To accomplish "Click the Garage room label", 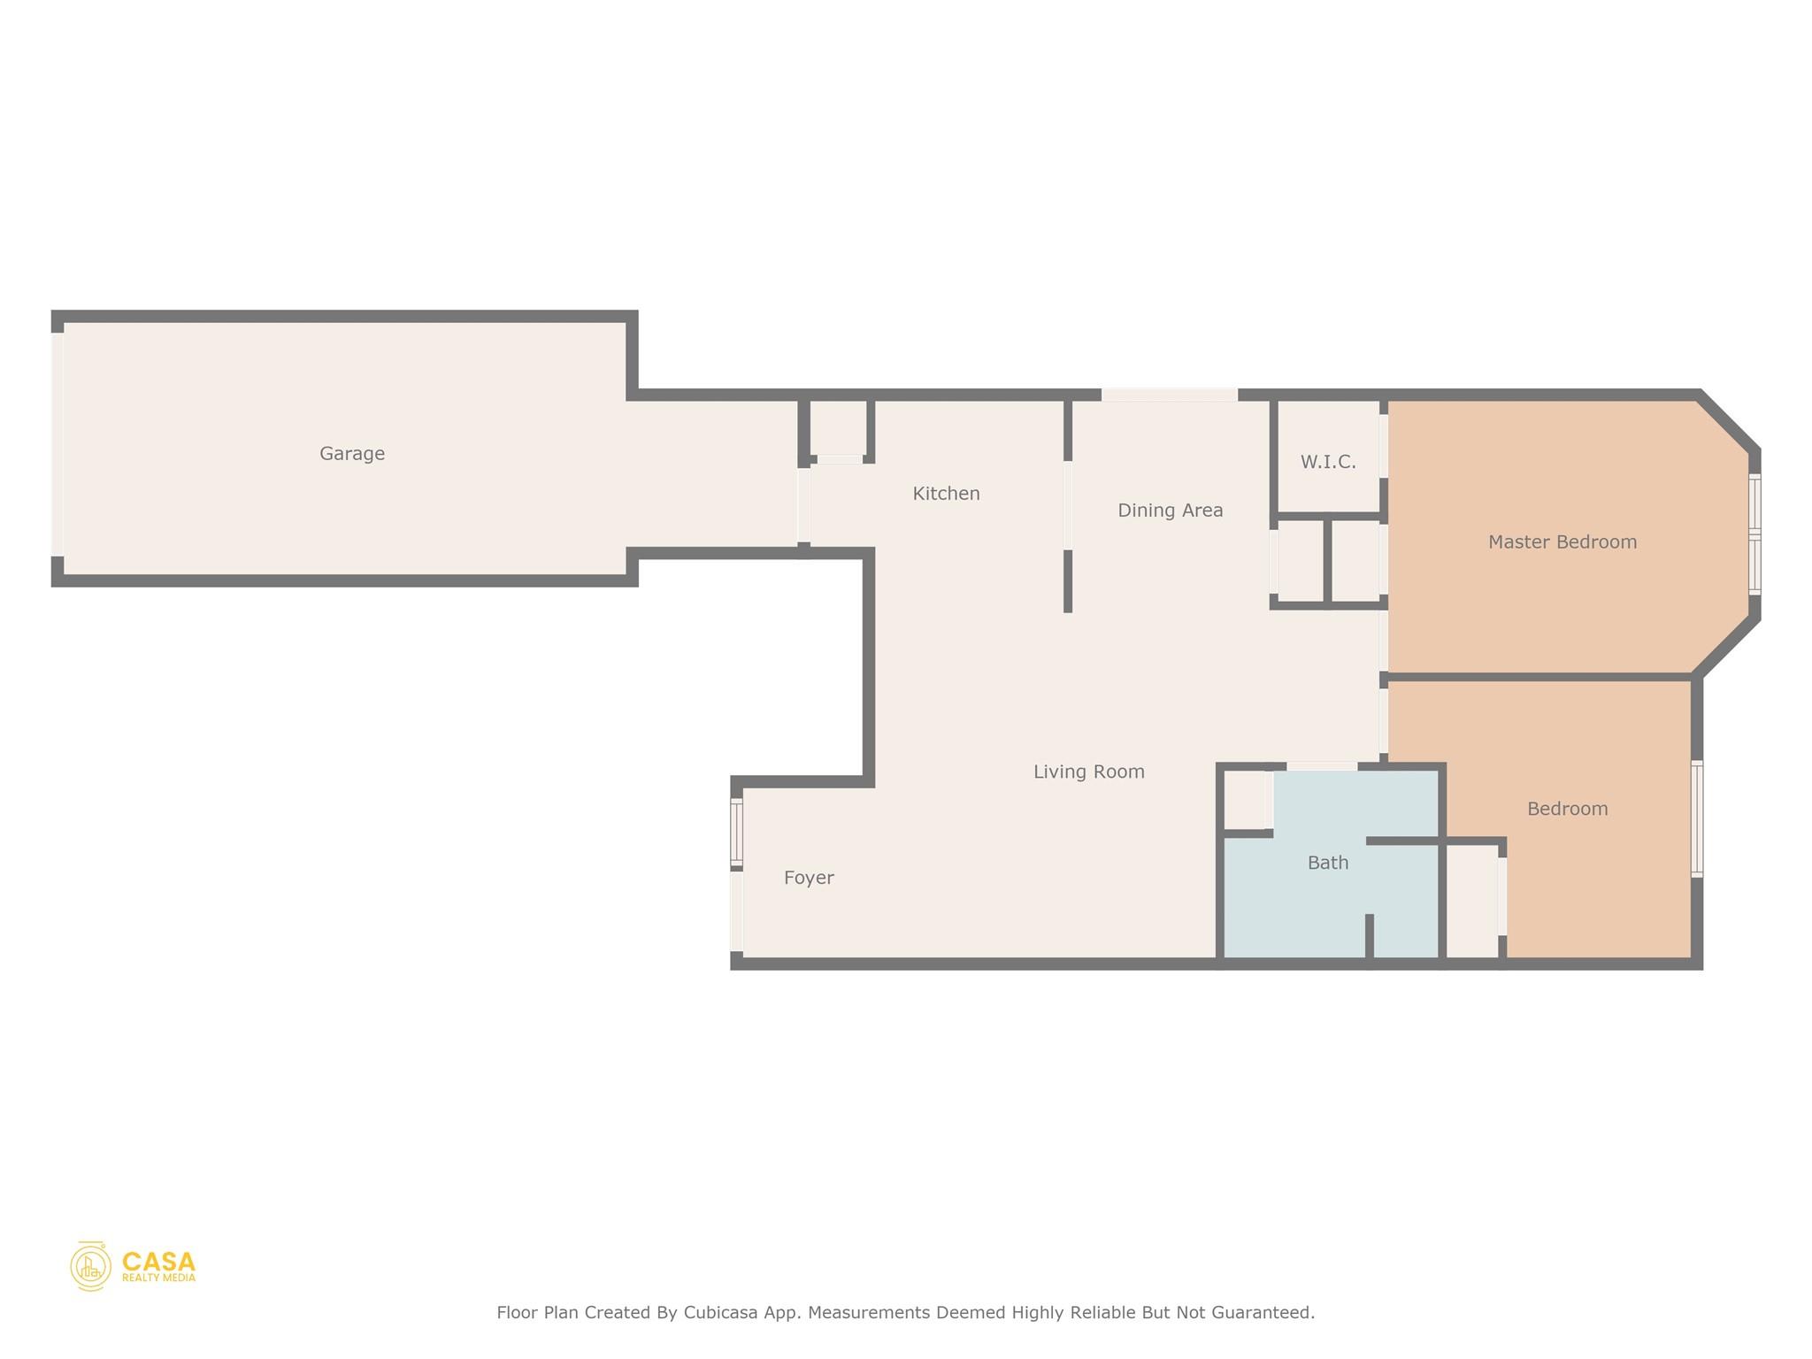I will coord(352,454).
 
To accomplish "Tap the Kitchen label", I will coord(946,494).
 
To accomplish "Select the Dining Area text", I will coord(1170,511).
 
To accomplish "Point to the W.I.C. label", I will coord(1327,462).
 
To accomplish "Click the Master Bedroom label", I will coord(1562,542).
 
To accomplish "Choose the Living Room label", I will coord(1088,772).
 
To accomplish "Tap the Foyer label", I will coord(809,878).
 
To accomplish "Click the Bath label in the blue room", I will coord(1327,863).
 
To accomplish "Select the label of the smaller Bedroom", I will coord(1567,809).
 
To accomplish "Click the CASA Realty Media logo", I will coord(133,1266).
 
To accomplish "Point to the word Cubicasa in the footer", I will coord(719,1313).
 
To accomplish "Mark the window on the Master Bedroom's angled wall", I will coord(1754,534).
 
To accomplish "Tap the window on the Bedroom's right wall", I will coord(1696,818).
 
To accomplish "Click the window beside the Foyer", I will coord(736,832).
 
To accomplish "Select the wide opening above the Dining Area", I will coord(1169,395).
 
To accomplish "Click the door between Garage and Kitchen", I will coord(803,506).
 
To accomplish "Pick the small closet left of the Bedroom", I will coord(1472,901).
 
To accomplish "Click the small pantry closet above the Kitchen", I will coord(838,428).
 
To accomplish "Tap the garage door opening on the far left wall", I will coord(58,444).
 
